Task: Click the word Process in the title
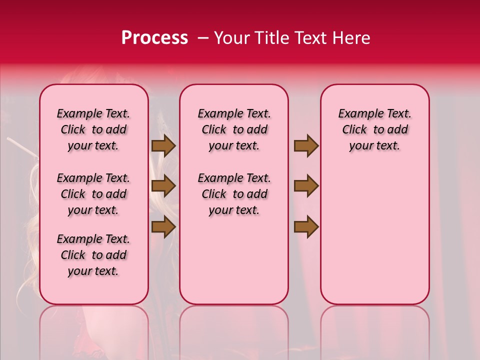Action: tap(154, 38)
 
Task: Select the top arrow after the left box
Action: tap(163, 146)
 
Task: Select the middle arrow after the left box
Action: tap(163, 186)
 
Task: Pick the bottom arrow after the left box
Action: tap(163, 227)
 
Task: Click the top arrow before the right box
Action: tap(306, 146)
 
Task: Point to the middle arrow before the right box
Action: tap(306, 186)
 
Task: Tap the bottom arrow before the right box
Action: tap(306, 227)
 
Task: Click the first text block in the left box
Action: tap(93, 129)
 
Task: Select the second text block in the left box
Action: tap(93, 194)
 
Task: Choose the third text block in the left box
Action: tap(93, 255)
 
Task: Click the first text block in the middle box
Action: tap(234, 129)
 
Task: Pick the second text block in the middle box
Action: tap(234, 194)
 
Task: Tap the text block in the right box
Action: tap(374, 129)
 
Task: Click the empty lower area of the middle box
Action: tap(234, 260)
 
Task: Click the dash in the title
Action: tap(203, 38)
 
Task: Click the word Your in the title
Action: tap(228, 38)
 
